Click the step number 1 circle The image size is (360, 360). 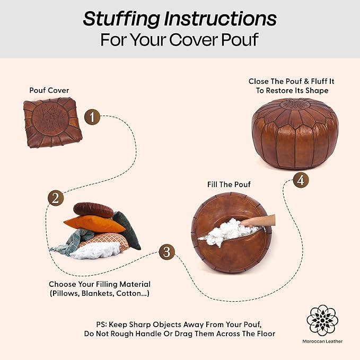(92, 117)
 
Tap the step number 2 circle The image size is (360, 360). (55, 198)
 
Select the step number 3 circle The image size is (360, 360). (166, 252)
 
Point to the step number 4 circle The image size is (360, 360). (301, 180)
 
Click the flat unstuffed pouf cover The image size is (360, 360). (52, 122)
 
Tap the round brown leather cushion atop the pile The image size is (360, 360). (93, 210)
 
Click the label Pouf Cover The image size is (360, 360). (49, 90)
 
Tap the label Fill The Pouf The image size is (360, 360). (229, 185)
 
